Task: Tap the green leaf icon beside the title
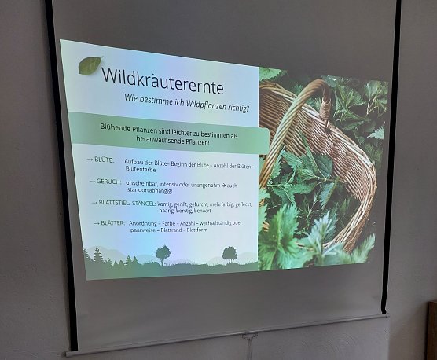click(90, 65)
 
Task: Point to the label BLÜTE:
click(102, 160)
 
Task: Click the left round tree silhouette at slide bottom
click(163, 253)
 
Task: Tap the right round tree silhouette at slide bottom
click(230, 253)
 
